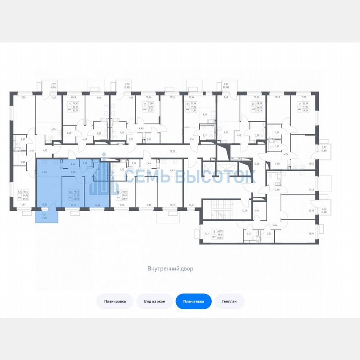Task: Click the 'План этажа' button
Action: (x=194, y=301)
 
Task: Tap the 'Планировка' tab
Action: (x=115, y=301)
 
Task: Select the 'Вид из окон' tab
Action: (x=155, y=301)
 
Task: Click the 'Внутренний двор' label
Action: (x=170, y=269)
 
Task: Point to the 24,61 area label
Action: (x=192, y=205)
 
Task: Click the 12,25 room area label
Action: (x=173, y=205)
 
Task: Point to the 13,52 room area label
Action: (x=311, y=164)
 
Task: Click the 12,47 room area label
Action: (x=311, y=190)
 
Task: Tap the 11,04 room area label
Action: (x=172, y=97)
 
